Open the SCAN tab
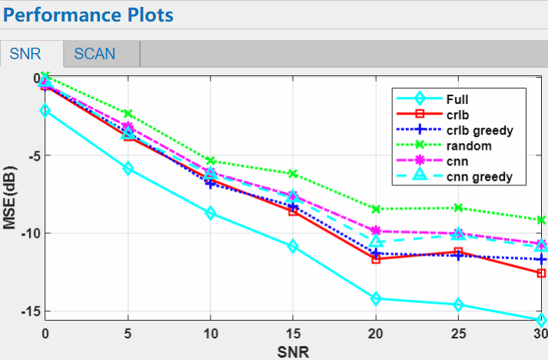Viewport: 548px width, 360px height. click(x=95, y=54)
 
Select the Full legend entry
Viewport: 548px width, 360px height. click(x=457, y=98)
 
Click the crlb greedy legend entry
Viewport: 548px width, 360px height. click(x=479, y=130)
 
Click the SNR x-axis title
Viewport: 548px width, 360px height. click(x=294, y=352)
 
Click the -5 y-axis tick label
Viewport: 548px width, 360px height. click(x=31, y=155)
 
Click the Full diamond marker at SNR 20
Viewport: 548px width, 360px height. click(x=376, y=298)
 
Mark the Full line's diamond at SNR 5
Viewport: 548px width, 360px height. click(x=128, y=168)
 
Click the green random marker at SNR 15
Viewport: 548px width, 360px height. click(x=293, y=174)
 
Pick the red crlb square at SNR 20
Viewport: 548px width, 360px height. click(x=376, y=259)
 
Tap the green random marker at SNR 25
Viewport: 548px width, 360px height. click(x=459, y=208)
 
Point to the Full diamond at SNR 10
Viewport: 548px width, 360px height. click(x=210, y=213)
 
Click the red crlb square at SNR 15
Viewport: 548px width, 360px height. click(x=293, y=211)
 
